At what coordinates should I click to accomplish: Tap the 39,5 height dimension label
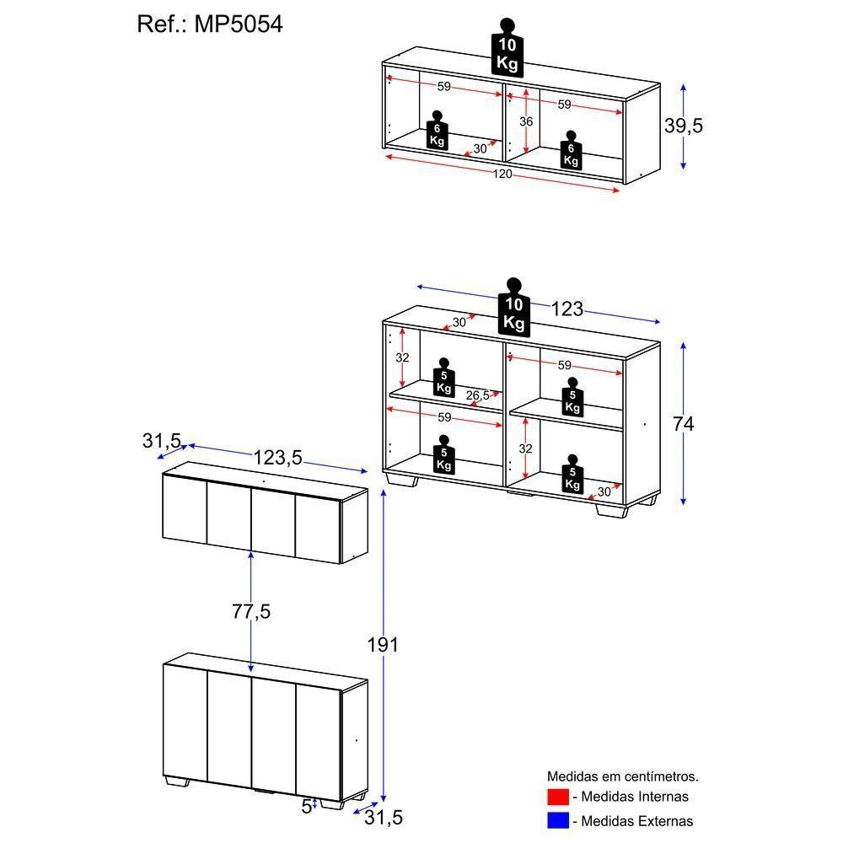click(x=684, y=126)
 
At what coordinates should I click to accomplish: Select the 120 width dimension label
click(x=503, y=174)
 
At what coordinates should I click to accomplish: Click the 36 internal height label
click(x=526, y=121)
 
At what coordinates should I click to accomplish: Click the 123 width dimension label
click(x=567, y=309)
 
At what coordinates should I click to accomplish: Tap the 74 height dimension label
click(x=684, y=424)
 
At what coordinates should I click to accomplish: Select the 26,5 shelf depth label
click(x=477, y=395)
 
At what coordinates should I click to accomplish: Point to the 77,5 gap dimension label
click(x=251, y=612)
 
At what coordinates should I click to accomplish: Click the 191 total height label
click(x=383, y=645)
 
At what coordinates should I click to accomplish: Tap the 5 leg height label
click(x=306, y=806)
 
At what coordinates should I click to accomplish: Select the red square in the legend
click(x=558, y=797)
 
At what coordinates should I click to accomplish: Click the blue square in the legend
click(x=558, y=820)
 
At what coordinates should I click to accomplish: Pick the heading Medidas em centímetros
click(x=623, y=776)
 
